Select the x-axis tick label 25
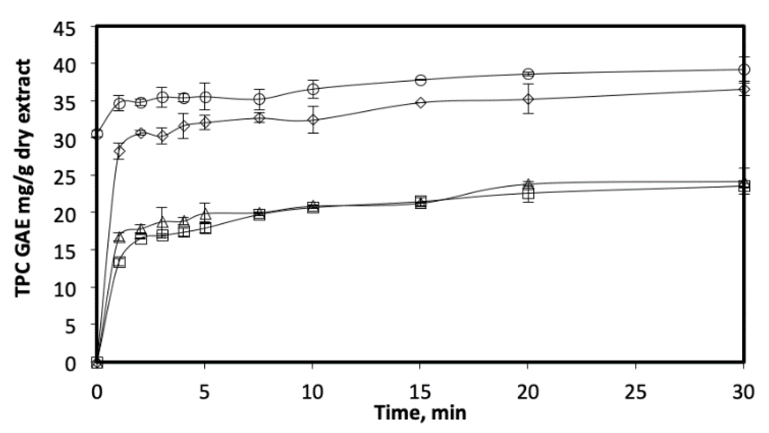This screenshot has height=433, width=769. (635, 392)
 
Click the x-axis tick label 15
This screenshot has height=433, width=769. (420, 392)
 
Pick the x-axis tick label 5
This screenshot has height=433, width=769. (204, 392)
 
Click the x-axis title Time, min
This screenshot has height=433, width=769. (420, 413)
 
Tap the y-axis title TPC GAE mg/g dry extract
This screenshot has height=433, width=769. (23, 178)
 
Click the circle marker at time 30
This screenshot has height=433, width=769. (744, 69)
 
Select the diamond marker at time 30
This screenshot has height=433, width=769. (744, 90)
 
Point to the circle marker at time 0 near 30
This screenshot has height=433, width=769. (97, 134)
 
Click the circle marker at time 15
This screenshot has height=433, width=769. (420, 80)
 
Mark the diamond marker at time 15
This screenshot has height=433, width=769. (420, 103)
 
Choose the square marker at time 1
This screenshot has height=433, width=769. (119, 262)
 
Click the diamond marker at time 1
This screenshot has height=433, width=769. (119, 151)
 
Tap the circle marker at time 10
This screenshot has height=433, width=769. (313, 89)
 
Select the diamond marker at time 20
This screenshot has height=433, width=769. (528, 99)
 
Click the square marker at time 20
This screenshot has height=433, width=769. (528, 194)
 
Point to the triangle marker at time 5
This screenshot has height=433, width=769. (205, 214)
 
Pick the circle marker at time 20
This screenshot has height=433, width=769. (528, 74)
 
